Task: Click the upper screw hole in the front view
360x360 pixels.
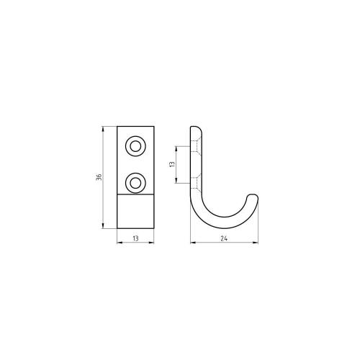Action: [135, 147]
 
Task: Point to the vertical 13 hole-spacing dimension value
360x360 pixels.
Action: [172, 164]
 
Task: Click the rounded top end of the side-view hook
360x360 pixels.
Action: [195, 130]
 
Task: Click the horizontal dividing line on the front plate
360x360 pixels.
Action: [135, 194]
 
